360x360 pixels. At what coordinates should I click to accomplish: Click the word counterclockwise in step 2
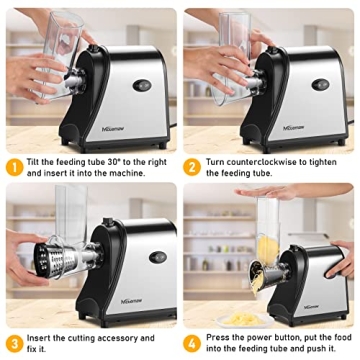[x=269, y=160]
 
